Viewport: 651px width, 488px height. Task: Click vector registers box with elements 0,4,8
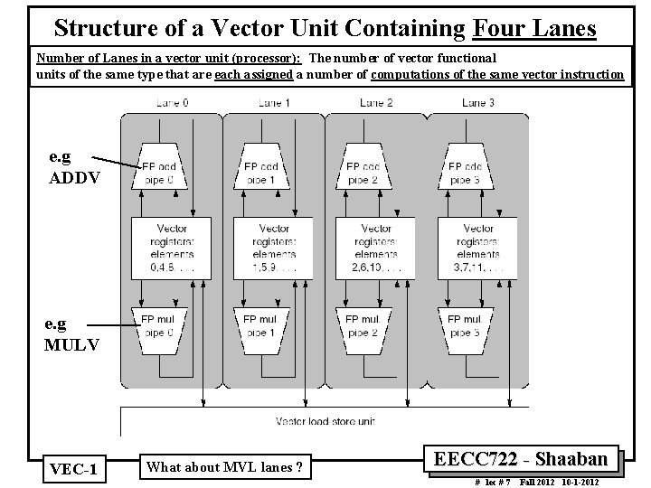172,247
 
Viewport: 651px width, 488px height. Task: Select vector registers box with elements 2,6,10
376,247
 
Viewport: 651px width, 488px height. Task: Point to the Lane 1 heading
274,103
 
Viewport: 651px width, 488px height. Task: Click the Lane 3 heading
478,103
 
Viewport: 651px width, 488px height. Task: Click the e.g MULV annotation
72,333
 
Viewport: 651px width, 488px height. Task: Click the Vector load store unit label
326,421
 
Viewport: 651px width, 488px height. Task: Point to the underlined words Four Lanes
534,28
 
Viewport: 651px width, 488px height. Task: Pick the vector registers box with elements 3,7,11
478,247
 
